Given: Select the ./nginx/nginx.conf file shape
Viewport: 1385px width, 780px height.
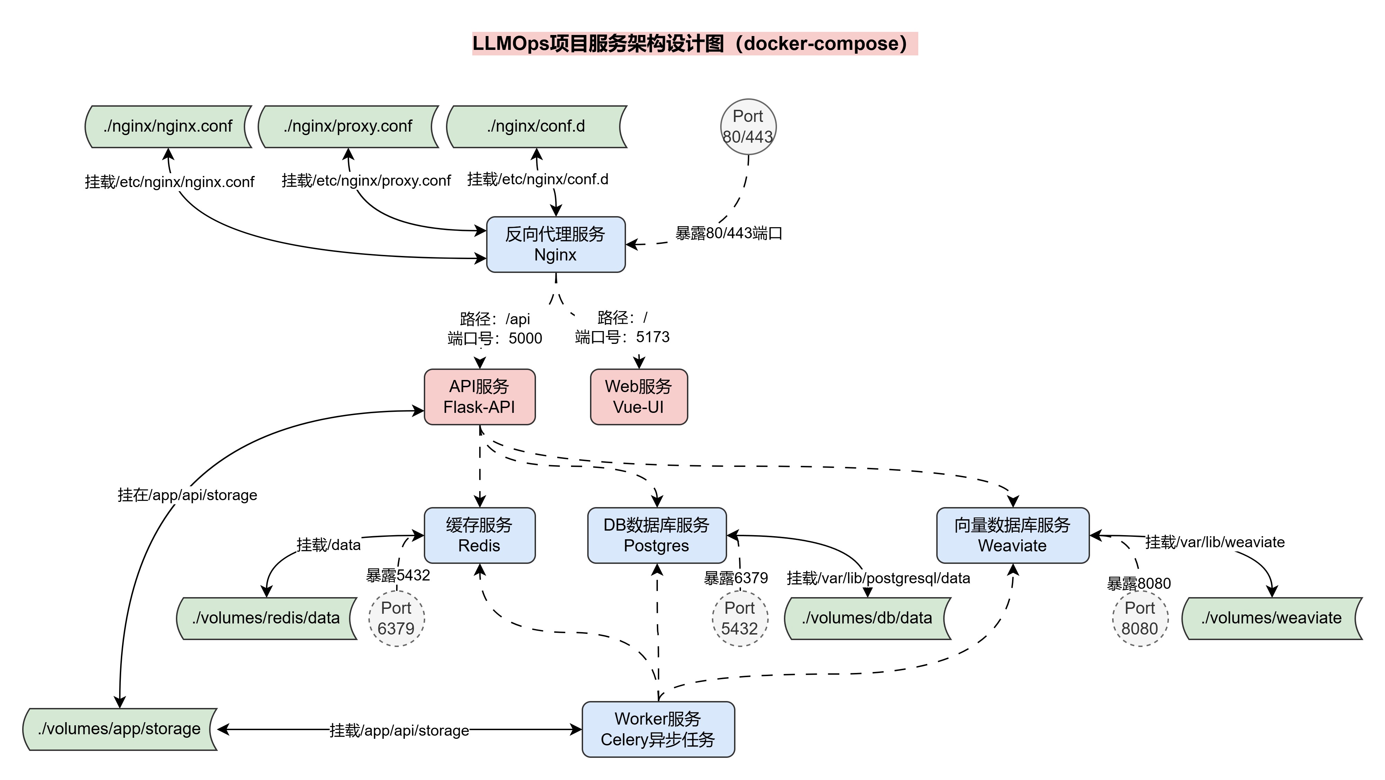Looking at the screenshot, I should (x=168, y=126).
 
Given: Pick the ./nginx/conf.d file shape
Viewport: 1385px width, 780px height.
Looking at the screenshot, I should (x=536, y=126).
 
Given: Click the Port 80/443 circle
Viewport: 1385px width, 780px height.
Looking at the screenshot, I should (x=748, y=126).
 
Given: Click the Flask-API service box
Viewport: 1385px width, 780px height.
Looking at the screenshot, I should (x=479, y=397).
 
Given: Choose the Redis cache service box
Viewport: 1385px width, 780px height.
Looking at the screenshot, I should (x=479, y=535).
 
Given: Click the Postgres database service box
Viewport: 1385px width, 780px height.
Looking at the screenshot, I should (x=656, y=535).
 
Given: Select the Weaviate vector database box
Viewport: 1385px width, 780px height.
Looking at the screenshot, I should (x=1012, y=535).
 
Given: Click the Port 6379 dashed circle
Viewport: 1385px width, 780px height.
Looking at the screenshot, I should (x=396, y=619).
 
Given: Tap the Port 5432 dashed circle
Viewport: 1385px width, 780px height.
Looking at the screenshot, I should (x=740, y=619).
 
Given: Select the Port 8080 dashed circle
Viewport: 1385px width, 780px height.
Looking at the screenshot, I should (x=1140, y=619).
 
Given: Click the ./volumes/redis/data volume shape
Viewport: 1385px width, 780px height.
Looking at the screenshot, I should (x=266, y=619).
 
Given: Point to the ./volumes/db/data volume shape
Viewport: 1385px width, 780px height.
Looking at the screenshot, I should (x=867, y=619).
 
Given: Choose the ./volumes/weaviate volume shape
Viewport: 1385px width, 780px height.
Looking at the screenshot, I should (x=1271, y=619).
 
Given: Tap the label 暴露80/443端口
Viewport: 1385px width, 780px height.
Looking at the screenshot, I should (x=729, y=233).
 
